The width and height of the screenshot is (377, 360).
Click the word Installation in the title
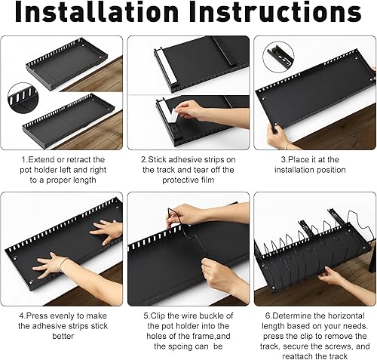[x=97, y=12]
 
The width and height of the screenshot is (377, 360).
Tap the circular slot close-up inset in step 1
[x=23, y=97]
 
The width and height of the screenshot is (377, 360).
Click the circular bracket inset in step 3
[x=278, y=57]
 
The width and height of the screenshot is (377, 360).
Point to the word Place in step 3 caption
[x=298, y=159]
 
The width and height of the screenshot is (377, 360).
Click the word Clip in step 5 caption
[x=158, y=315]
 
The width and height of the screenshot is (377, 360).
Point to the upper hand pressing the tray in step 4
[x=107, y=232]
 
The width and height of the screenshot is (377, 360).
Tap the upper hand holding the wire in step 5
[x=196, y=214]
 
